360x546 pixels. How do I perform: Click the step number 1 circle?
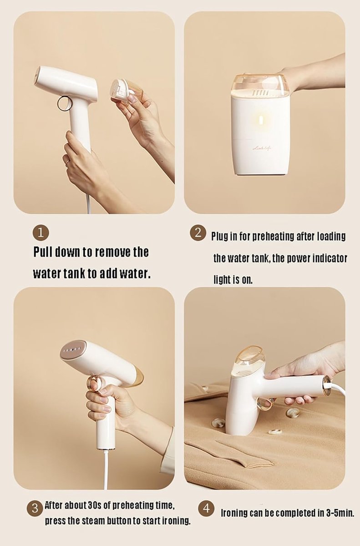(x=41, y=233)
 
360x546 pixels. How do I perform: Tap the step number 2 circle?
(x=198, y=233)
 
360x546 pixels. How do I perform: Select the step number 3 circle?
(x=35, y=508)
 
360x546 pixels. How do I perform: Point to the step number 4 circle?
(x=206, y=509)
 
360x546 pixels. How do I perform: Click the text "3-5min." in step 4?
(x=340, y=513)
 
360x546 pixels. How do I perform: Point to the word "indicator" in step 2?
(x=330, y=258)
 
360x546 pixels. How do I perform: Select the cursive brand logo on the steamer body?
(x=263, y=148)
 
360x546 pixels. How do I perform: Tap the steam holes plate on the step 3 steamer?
(x=72, y=350)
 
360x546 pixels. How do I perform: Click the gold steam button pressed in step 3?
(x=96, y=383)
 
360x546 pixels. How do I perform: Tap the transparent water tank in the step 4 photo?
(x=250, y=361)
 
